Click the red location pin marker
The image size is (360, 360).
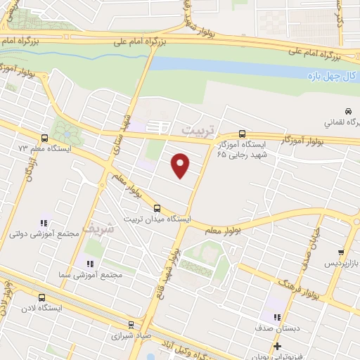pos(181,165)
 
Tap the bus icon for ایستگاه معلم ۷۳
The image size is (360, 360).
pos(45,138)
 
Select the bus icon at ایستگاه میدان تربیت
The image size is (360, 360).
pos(157,207)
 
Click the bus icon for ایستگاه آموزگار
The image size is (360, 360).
pos(243,133)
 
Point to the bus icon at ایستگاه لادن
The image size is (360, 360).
pos(42,297)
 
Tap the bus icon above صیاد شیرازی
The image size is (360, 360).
pos(131,324)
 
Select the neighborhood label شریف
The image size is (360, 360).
pos(97,229)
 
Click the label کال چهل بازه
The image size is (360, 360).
pos(334,75)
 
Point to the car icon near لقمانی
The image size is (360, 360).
pos(347,110)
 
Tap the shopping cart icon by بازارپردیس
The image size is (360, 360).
pos(341,252)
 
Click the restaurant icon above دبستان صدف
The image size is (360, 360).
pos(276,318)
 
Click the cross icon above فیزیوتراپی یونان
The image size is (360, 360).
pos(278,346)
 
